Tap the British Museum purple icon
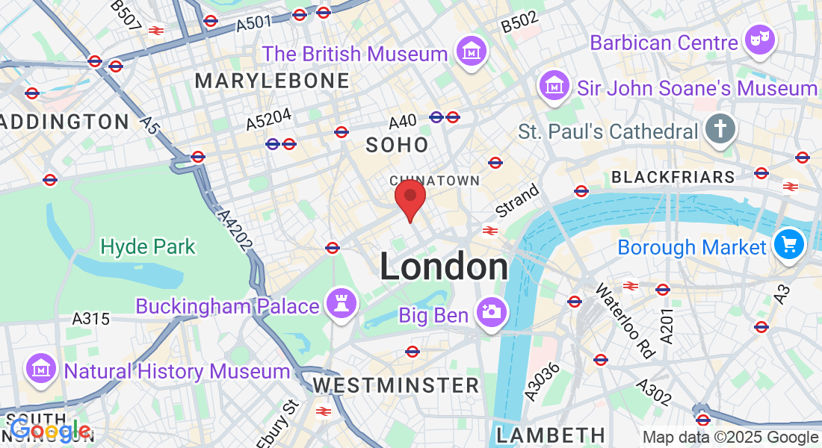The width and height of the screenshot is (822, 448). click(x=472, y=53)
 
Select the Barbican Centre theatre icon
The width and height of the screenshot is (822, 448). click(x=761, y=41)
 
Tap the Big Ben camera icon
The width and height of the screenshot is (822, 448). click(x=492, y=311)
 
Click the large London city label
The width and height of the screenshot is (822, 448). click(x=444, y=267)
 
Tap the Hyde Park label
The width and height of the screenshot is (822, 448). click(x=148, y=246)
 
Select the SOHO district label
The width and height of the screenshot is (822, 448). click(x=398, y=144)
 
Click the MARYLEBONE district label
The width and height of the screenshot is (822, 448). click(x=272, y=81)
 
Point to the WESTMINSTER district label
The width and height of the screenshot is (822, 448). click(x=396, y=385)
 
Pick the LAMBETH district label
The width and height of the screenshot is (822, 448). click(x=551, y=435)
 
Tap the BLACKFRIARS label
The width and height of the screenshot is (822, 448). click(x=673, y=178)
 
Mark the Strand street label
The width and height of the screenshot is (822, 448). click(x=517, y=201)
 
